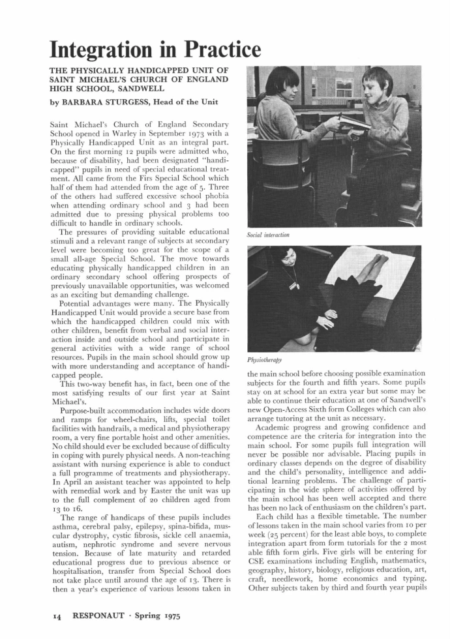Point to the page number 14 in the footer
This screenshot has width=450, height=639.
(x=57, y=615)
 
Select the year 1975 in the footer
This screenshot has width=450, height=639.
(x=168, y=615)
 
